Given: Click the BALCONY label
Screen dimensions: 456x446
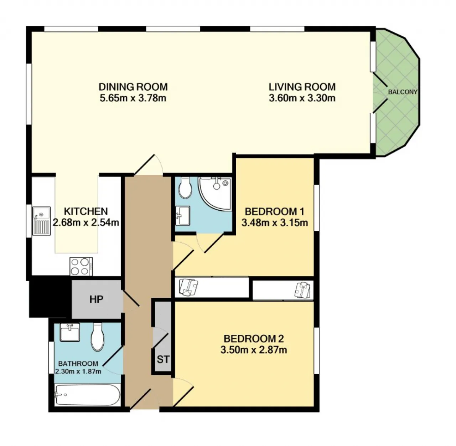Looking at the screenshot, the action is (x=403, y=92).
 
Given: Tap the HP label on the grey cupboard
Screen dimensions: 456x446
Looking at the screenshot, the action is (x=96, y=299).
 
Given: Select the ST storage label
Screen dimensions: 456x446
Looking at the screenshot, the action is (x=163, y=359).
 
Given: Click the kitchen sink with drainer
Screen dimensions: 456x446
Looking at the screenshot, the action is (x=41, y=221).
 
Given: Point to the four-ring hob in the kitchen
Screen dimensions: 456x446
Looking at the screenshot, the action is (x=81, y=266).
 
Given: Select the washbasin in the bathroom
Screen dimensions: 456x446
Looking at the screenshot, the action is (x=69, y=332).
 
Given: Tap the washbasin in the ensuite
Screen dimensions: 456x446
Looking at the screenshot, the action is (x=183, y=215).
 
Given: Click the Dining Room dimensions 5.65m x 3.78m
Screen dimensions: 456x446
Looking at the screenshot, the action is (x=133, y=98).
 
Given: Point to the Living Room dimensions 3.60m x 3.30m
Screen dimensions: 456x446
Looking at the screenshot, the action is (x=302, y=98).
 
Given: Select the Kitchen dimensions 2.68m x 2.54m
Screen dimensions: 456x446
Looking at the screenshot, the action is (x=86, y=222).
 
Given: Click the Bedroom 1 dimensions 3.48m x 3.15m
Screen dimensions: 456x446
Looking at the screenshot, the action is (x=275, y=222).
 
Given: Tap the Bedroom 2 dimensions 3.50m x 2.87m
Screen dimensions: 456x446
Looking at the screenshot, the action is (x=254, y=350).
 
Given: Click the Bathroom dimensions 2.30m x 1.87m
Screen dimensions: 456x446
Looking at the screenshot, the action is (x=78, y=371).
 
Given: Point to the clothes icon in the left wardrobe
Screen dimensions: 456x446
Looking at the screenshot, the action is (x=188, y=287).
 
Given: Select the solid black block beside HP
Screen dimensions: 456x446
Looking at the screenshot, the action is (x=50, y=297).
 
